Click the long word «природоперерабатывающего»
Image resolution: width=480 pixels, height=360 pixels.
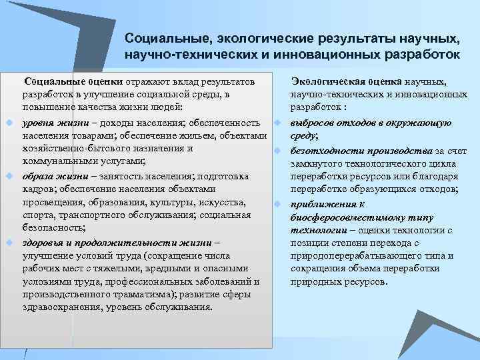pos(355,256)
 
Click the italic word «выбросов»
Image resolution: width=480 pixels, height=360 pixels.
pos(311,123)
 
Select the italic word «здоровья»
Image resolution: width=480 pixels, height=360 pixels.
pos(43,243)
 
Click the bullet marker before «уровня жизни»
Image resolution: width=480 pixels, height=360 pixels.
pos(10,123)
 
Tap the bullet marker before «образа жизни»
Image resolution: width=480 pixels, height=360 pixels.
pos(10,176)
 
